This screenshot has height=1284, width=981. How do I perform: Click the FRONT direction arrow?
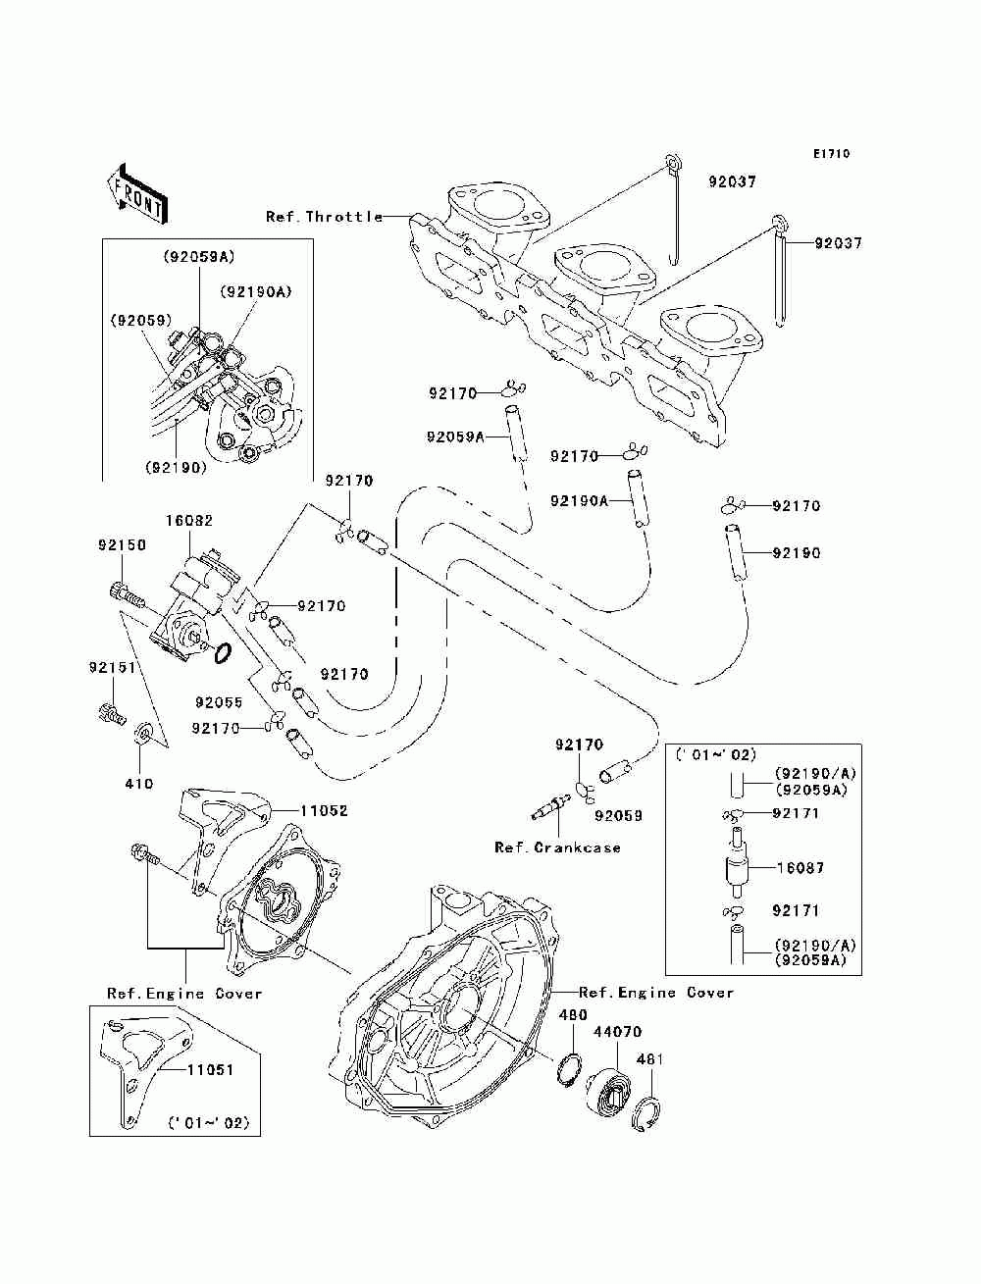138,193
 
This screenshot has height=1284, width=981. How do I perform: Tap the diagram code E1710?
831,154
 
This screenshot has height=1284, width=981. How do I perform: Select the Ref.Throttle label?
324,217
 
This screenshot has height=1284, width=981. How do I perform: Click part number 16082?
189,520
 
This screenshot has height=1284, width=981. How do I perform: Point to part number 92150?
122,544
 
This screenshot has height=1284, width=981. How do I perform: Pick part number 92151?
112,667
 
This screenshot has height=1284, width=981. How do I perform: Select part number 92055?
219,702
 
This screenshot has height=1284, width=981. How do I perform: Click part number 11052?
324,810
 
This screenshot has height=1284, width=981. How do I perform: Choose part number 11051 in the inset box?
210,1069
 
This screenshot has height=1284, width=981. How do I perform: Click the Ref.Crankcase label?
557,847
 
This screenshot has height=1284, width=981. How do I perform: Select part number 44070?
618,1031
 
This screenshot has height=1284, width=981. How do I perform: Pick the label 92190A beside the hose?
579,500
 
